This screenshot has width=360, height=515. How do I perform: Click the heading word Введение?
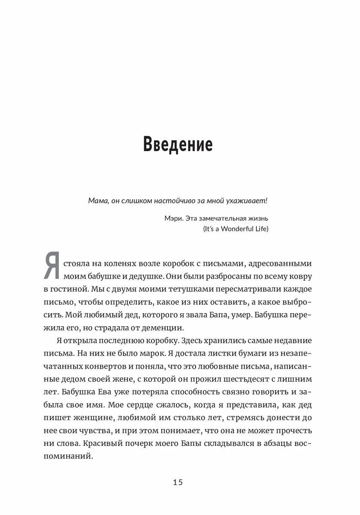pyautogui.click(x=178, y=145)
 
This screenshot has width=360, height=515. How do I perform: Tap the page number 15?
pyautogui.click(x=178, y=483)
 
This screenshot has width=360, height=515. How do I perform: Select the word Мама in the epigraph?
pyautogui.click(x=98, y=201)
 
